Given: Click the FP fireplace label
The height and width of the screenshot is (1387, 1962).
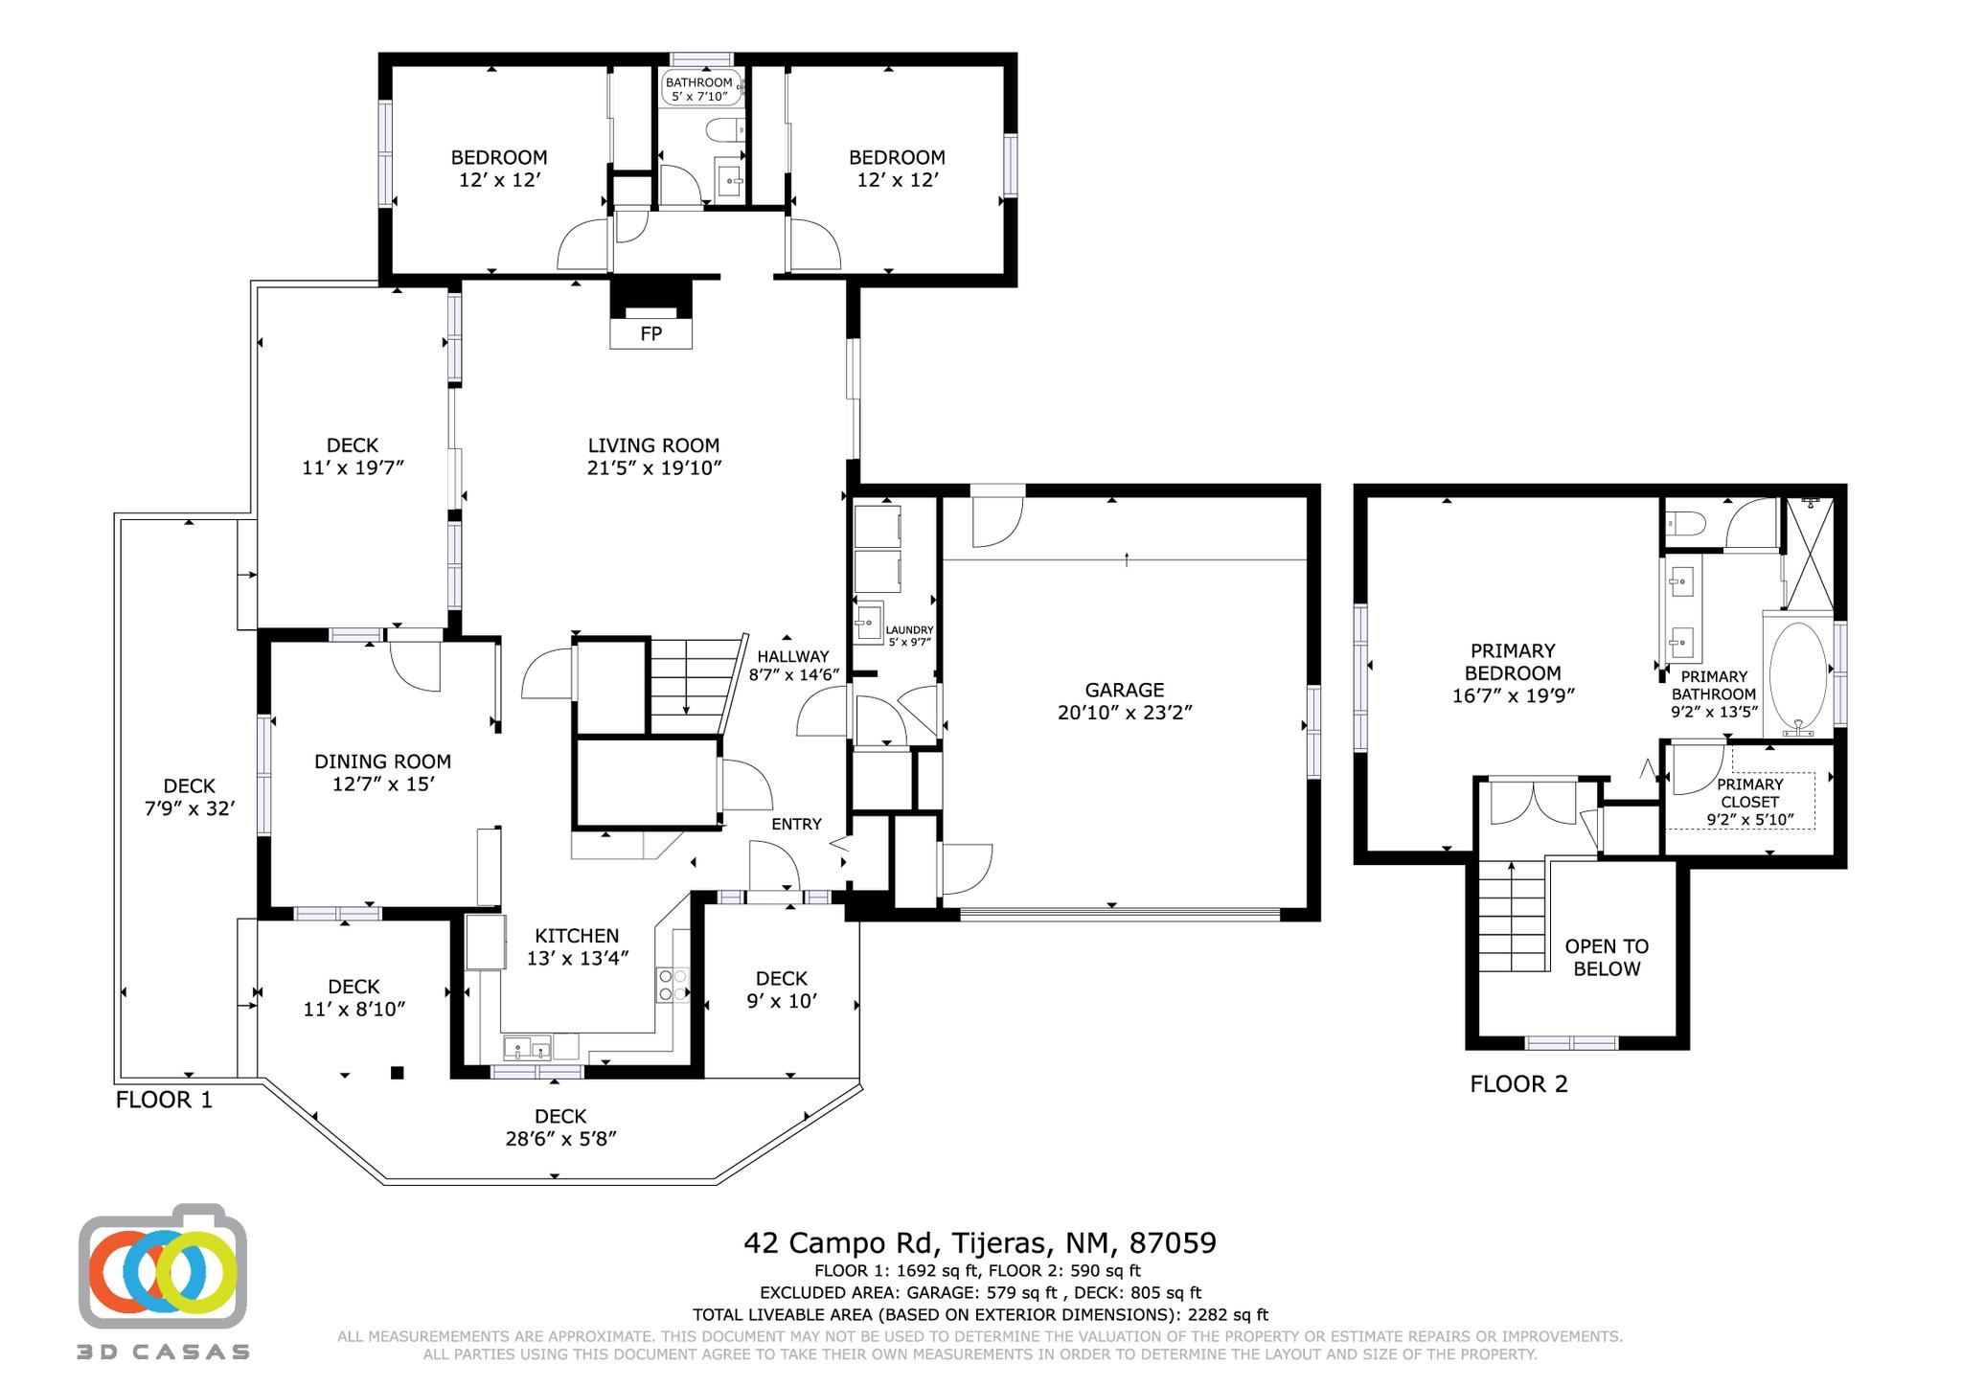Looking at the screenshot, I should point(650,334).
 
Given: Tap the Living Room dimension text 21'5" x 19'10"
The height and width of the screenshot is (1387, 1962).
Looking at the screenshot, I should point(653,468).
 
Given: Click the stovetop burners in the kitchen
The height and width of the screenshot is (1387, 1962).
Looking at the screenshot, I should point(672,986).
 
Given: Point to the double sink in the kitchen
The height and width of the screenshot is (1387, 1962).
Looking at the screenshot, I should point(527,1047).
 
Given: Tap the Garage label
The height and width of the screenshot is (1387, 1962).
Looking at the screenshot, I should point(1124,690).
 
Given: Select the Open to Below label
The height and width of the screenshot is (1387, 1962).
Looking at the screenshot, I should point(1607,957).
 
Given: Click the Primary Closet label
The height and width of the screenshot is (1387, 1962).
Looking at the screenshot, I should point(1749,793).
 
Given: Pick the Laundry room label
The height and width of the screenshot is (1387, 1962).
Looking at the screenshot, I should point(909,630).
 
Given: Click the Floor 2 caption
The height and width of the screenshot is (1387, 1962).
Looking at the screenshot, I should point(1518,1084).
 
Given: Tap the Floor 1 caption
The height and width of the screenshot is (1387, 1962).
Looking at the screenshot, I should point(164,1100).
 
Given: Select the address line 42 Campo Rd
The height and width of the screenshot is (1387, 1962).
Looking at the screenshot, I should point(979,1243).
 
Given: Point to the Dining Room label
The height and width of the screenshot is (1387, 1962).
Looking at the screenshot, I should point(382,762).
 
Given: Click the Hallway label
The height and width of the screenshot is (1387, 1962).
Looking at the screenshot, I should point(792,657).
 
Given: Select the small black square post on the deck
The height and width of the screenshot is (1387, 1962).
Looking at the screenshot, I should point(397,1073).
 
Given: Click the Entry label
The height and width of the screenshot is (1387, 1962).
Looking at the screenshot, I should point(796,824).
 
